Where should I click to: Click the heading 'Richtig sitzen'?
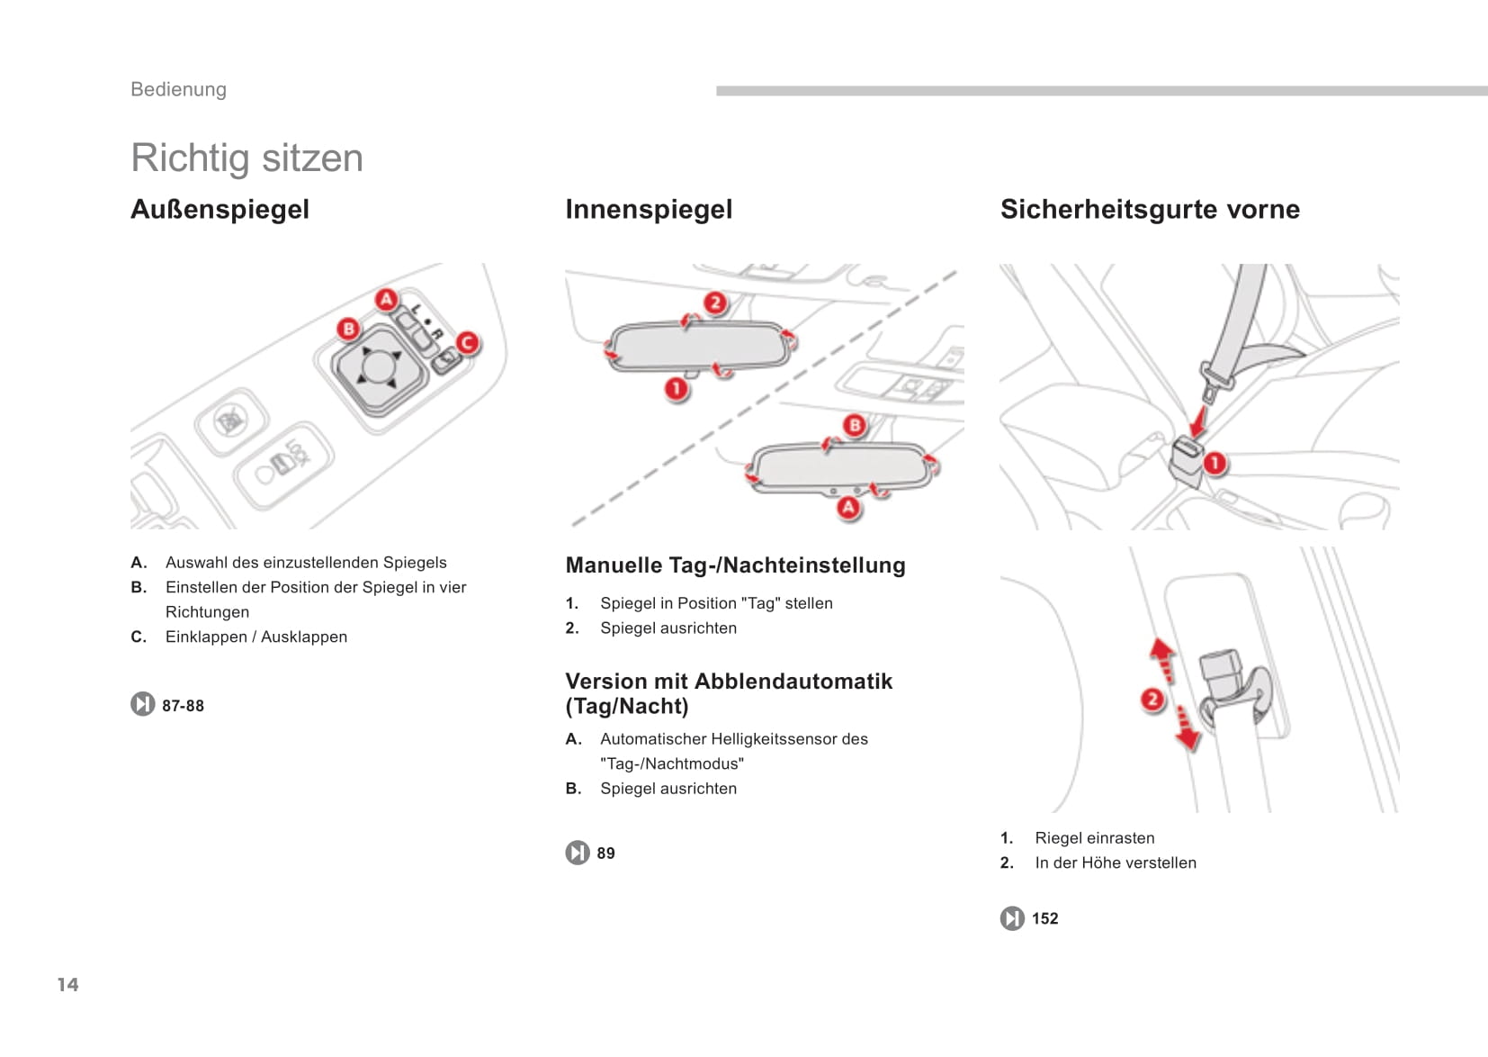(247, 158)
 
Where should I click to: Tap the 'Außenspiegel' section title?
(220, 209)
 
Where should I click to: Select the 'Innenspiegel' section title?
(649, 209)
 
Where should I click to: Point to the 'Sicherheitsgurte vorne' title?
(1150, 209)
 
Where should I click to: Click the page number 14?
(68, 984)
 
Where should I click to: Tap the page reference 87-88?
(183, 706)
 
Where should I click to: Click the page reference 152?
(1044, 918)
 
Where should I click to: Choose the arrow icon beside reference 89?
(578, 853)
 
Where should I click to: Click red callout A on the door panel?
(387, 299)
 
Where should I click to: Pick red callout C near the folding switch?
(467, 343)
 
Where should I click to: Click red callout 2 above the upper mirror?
(715, 303)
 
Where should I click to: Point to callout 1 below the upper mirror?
(677, 389)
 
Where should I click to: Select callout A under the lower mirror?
(848, 507)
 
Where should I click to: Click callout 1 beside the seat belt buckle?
(1215, 464)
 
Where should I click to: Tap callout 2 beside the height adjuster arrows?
(1152, 700)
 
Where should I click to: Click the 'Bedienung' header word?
(178, 89)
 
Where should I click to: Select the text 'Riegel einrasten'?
(1094, 838)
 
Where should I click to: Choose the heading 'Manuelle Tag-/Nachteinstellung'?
(735, 565)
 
